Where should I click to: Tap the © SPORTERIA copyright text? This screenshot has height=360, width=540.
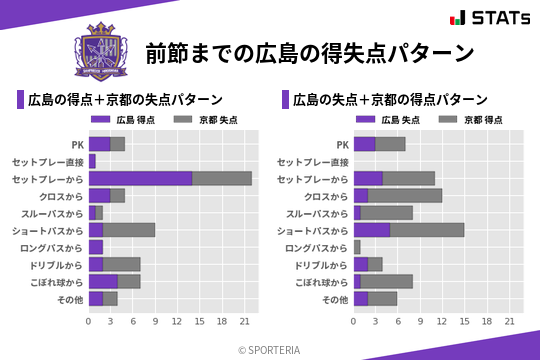[x=270, y=349]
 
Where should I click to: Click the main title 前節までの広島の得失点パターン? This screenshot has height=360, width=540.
[x=309, y=52]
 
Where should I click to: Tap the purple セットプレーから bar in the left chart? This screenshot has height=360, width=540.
[x=140, y=178]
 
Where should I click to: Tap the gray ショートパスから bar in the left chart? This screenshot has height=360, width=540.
[x=129, y=230]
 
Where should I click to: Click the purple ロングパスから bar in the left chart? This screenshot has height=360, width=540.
[x=96, y=247]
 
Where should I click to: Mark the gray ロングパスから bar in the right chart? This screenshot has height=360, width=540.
[x=357, y=247]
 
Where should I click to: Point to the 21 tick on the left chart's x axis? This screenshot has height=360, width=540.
[x=245, y=321]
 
